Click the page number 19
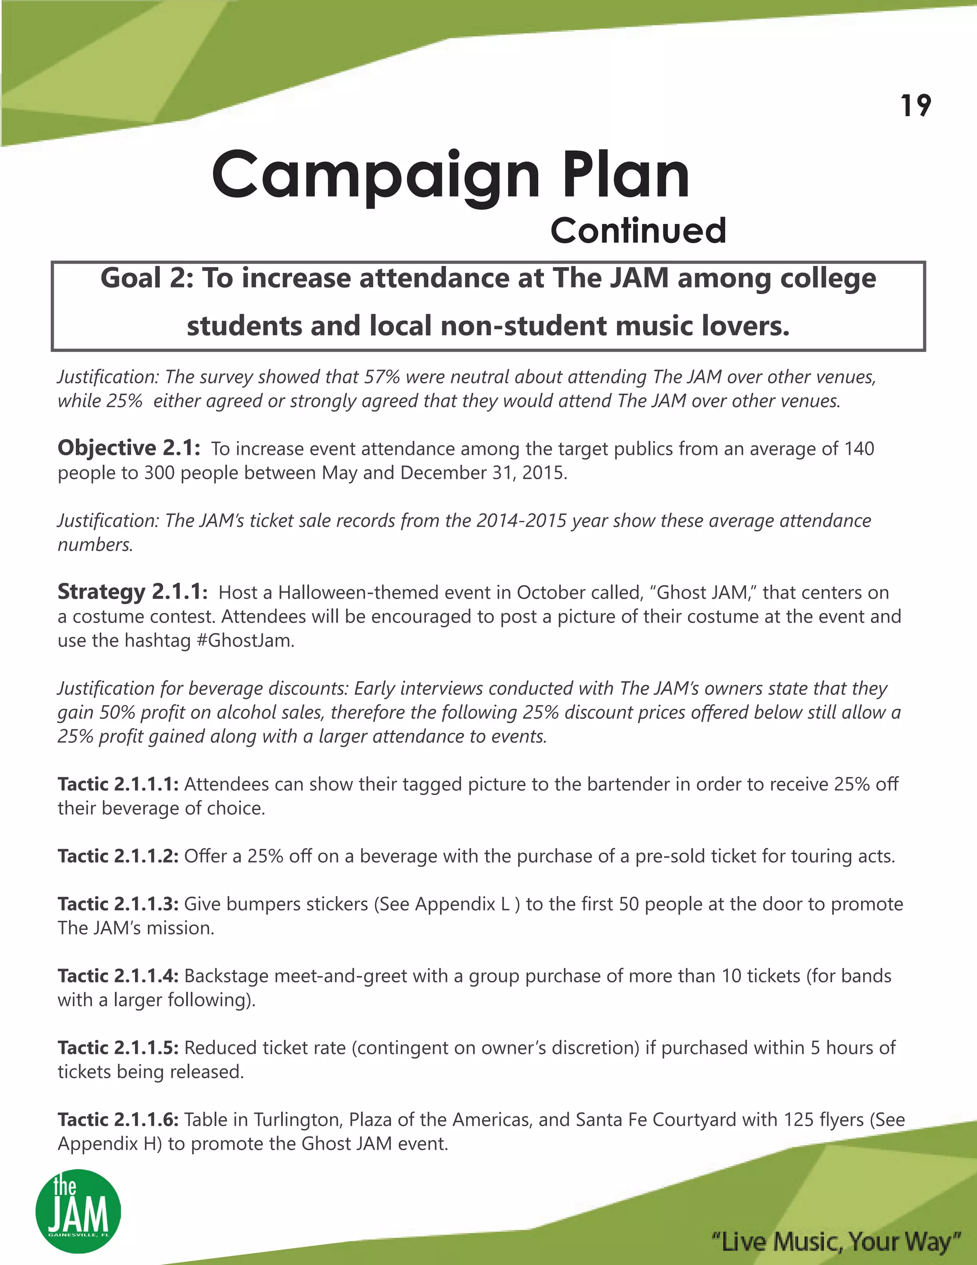tap(915, 106)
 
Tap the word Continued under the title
tap(638, 231)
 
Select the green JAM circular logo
tap(78, 1211)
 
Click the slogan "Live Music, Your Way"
tap(836, 1241)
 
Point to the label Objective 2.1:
tap(128, 448)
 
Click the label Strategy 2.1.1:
tap(132, 591)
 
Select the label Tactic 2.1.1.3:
tap(118, 904)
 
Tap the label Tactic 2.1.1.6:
tap(118, 1119)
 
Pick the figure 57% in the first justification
tap(382, 377)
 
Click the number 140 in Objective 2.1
tap(859, 449)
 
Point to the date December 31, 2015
tap(483, 473)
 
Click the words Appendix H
tap(109, 1144)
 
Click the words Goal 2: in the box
tap(146, 279)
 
